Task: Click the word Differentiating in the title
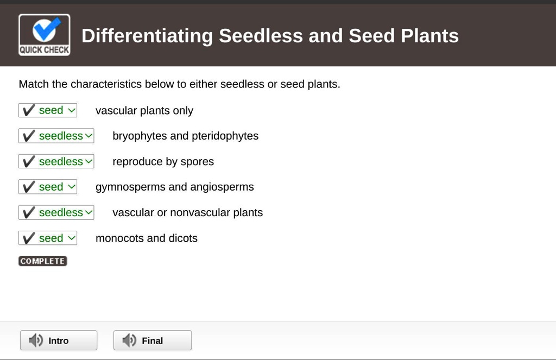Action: click(147, 36)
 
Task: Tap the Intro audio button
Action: click(59, 340)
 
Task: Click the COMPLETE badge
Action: click(43, 261)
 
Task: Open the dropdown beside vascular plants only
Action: click(48, 110)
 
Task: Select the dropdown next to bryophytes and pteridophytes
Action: click(56, 136)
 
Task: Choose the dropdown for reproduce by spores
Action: click(56, 161)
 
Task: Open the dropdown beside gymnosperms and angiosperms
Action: click(48, 187)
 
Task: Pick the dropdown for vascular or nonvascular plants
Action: click(56, 212)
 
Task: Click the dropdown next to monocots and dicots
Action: click(48, 238)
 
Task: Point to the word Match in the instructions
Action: click(34, 84)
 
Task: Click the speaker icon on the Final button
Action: click(129, 340)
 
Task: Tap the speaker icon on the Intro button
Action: click(36, 340)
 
